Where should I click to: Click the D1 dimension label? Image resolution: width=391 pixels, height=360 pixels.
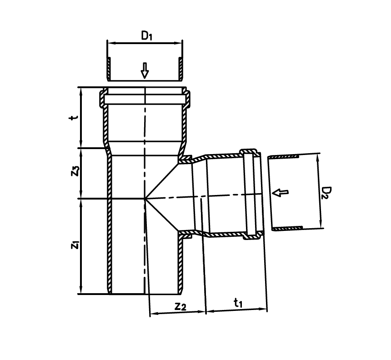(146, 35)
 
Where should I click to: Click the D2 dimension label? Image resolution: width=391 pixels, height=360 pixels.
(326, 192)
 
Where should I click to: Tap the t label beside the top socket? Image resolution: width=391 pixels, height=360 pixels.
(73, 117)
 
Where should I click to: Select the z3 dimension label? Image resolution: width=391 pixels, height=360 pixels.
(75, 171)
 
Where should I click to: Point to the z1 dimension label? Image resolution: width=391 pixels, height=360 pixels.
(75, 245)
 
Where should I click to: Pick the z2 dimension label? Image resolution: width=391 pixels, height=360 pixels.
(180, 306)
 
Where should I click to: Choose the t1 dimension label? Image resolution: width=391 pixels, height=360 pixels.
(238, 303)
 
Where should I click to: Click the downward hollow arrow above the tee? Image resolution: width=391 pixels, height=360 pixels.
(145, 70)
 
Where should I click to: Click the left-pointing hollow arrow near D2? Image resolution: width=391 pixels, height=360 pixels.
(280, 192)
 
